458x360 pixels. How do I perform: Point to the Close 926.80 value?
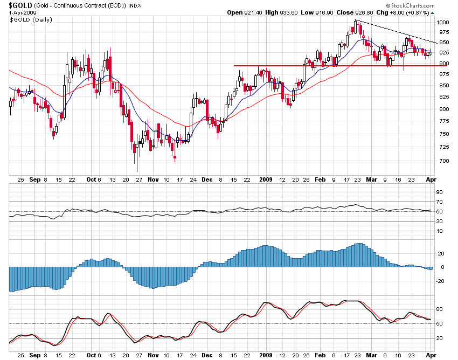[x=342, y=12]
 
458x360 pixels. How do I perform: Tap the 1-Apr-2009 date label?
[x=22, y=12]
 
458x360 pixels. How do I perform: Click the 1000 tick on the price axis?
[x=443, y=23]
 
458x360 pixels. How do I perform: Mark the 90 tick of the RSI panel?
[x=439, y=192]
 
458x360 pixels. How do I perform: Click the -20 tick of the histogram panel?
[x=440, y=281]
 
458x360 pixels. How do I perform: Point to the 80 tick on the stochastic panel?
[x=439, y=309]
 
